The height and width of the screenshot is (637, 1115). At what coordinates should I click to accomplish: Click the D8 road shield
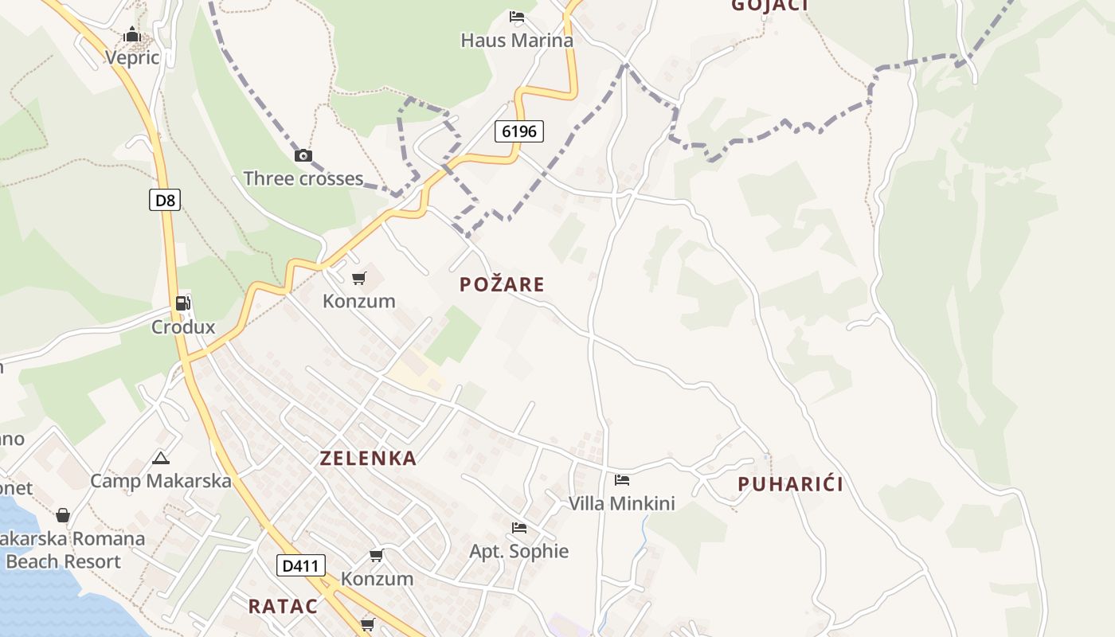(x=165, y=200)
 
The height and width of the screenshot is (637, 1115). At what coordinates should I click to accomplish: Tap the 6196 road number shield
(x=519, y=131)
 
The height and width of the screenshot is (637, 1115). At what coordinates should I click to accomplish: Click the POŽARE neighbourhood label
(x=502, y=284)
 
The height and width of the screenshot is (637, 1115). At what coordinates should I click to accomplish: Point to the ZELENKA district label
(x=368, y=458)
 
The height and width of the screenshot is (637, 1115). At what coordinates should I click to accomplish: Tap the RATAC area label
(x=283, y=606)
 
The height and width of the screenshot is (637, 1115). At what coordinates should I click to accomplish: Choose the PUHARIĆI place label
(x=790, y=484)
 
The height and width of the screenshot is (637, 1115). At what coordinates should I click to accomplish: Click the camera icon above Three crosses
(x=303, y=155)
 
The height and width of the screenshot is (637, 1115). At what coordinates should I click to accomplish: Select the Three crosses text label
(x=303, y=178)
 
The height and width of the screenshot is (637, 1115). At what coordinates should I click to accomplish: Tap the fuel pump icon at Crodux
(x=183, y=303)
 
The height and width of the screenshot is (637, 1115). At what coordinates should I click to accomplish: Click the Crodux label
(x=183, y=326)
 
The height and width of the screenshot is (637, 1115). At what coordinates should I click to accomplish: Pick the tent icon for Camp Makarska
(x=161, y=458)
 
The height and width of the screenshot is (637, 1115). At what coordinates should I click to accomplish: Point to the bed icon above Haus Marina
(x=517, y=17)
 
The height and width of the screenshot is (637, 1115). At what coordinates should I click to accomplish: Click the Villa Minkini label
(x=621, y=503)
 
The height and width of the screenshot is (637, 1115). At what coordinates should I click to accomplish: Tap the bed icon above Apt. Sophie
(x=519, y=528)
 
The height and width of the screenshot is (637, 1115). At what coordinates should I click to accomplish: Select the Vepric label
(x=132, y=57)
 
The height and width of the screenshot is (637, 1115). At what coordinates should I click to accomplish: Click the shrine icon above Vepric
(x=132, y=34)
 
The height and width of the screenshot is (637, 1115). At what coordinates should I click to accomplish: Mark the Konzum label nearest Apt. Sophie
(x=377, y=578)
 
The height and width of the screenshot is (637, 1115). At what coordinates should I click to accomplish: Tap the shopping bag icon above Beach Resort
(x=63, y=516)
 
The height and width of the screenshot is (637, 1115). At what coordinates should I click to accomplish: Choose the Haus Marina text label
(x=517, y=40)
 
